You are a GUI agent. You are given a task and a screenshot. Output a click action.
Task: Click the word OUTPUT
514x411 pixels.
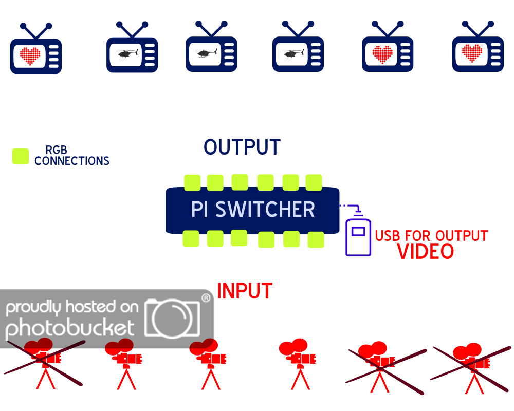pyautogui.click(x=242, y=147)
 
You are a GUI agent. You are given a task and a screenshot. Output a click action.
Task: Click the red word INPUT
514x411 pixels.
pyautogui.click(x=244, y=291)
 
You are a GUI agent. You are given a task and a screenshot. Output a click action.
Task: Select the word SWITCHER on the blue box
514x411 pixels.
pyautogui.click(x=265, y=210)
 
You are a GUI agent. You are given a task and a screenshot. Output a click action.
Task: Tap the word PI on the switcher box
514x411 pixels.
pyautogui.click(x=199, y=210)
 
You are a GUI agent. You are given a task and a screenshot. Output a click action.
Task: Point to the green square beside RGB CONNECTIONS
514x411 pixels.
pyautogui.click(x=20, y=156)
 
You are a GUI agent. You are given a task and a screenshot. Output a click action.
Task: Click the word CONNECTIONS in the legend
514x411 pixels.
pyautogui.click(x=72, y=161)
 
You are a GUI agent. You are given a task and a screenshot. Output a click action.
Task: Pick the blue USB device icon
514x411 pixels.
pyautogui.click(x=358, y=236)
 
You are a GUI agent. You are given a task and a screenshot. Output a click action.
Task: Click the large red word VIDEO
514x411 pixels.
pyautogui.click(x=426, y=252)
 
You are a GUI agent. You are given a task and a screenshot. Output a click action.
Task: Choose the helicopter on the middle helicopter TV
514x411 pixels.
pyautogui.click(x=206, y=52)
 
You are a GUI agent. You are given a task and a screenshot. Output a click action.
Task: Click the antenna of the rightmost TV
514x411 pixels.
pyautogui.click(x=478, y=29)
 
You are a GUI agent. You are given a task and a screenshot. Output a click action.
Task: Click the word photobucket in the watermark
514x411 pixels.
pyautogui.click(x=70, y=328)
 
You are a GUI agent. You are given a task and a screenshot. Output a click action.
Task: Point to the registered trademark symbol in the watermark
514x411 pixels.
pyautogui.click(x=206, y=298)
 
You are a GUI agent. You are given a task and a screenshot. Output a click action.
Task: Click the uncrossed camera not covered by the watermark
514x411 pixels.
pyautogui.click(x=298, y=362)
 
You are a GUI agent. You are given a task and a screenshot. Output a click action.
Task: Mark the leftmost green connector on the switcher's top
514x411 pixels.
pyautogui.click(x=192, y=182)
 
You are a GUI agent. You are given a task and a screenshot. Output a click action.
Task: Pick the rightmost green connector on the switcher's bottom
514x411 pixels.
pyautogui.click(x=316, y=239)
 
